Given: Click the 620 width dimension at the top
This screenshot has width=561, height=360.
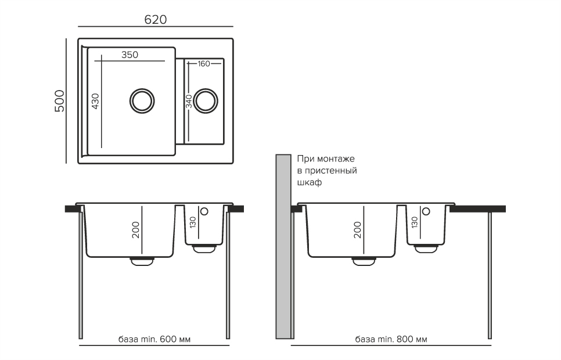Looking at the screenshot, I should tap(155, 19).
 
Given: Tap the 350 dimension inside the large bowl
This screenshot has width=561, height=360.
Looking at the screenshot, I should tap(130, 55).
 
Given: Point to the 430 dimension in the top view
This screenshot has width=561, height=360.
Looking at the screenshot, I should tap(96, 100).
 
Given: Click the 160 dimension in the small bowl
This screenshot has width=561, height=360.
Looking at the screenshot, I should tap(203, 63).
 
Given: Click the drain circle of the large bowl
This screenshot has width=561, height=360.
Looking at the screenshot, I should tap(142, 100).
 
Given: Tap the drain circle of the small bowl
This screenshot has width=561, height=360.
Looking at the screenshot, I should tap(206, 100).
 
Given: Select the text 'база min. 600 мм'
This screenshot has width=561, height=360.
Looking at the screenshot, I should tap(154, 339).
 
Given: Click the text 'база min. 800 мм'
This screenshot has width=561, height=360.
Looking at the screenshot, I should tap(391, 339).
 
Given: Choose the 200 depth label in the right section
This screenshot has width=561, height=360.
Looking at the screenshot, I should tap(357, 230).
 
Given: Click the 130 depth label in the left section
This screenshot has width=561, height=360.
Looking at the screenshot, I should tap(192, 222).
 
